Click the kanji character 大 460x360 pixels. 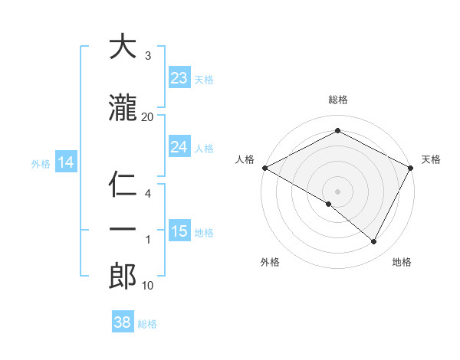point(123,47)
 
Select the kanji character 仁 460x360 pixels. point(123,185)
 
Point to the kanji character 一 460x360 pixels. point(123,230)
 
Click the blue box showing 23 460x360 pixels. point(179,78)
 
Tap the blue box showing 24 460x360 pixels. point(179,147)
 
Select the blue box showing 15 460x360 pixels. point(179,231)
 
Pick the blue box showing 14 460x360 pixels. point(65,162)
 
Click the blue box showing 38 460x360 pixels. point(122,322)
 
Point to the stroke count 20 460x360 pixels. point(148,116)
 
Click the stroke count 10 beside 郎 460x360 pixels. point(148,286)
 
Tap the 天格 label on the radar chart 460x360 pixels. point(431,159)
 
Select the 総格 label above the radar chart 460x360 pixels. point(337,100)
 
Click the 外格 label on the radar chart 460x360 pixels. point(270,262)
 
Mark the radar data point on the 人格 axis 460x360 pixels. point(264,168)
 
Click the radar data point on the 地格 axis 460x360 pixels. point(374,242)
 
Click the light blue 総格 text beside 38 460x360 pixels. point(147,324)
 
